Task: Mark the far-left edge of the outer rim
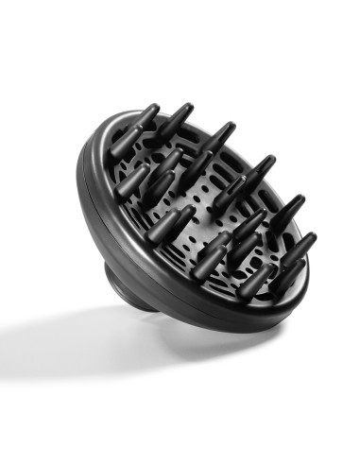tap(77, 189)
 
